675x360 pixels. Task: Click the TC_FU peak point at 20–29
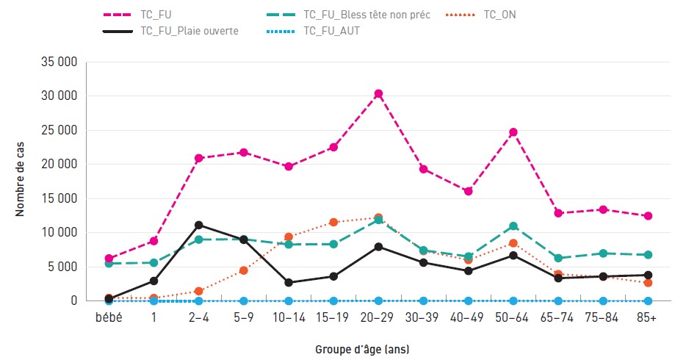click(x=378, y=94)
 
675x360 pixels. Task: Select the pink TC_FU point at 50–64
click(x=513, y=132)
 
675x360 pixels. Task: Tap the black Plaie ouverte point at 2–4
click(x=198, y=226)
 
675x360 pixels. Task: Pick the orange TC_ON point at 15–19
click(x=333, y=222)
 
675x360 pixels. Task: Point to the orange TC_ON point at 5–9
click(x=244, y=270)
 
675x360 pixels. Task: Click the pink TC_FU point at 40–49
click(x=469, y=191)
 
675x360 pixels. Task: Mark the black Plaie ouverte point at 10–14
click(x=289, y=282)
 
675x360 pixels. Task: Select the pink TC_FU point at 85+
click(x=648, y=216)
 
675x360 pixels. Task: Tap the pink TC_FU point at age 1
click(x=154, y=241)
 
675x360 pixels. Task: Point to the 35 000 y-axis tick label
click(x=59, y=62)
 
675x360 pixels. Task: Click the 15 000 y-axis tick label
click(x=59, y=198)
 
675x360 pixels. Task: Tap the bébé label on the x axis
click(x=109, y=318)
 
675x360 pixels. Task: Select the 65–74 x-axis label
click(x=557, y=318)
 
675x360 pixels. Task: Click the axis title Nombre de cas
click(x=20, y=179)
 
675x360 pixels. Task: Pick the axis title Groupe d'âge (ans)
click(x=362, y=349)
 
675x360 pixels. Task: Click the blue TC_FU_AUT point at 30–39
click(x=423, y=300)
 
